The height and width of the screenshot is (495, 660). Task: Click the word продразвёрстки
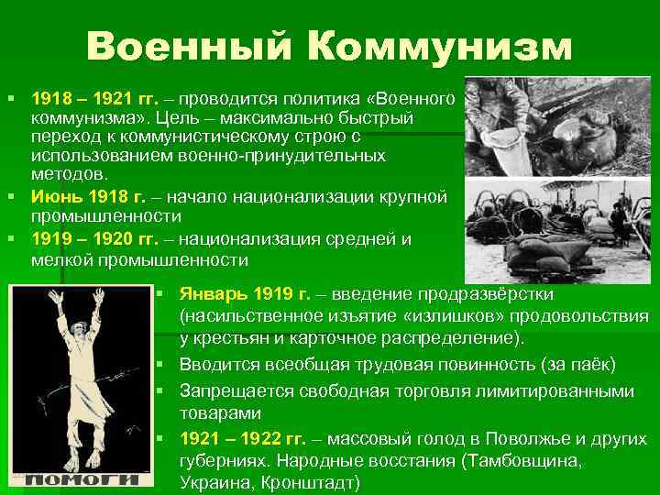tap(485, 295)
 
